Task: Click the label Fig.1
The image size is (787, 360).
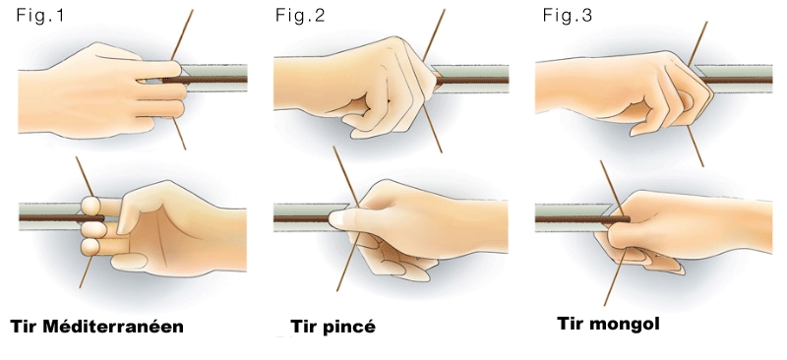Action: [40, 16]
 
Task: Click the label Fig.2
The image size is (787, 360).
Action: [300, 16]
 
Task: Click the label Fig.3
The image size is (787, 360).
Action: [568, 16]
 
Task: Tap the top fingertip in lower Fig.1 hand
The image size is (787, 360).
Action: [90, 206]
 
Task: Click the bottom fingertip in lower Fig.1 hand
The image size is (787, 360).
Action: [90, 246]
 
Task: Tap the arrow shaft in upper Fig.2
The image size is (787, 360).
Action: [472, 80]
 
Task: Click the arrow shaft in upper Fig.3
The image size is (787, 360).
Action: [737, 80]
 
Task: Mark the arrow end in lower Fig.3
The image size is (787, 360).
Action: [629, 219]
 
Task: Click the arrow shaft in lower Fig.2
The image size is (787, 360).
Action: [302, 219]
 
